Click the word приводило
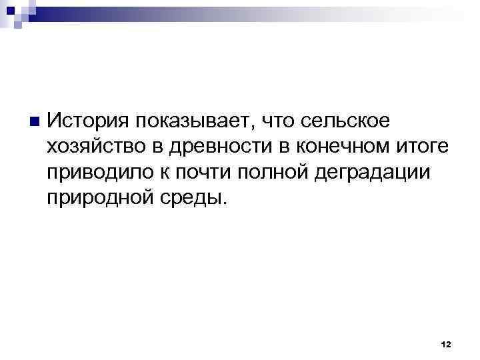[99, 173]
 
